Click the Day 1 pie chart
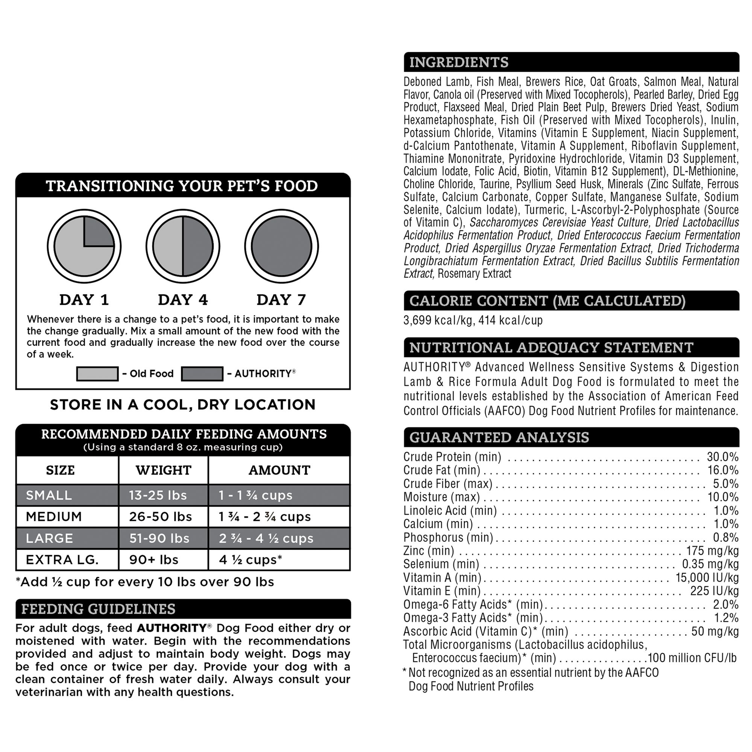[84, 246]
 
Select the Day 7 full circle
[281, 246]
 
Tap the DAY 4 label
[183, 300]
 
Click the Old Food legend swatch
[97, 374]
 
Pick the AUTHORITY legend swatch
[202, 374]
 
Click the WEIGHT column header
[164, 470]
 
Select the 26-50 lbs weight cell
[161, 517]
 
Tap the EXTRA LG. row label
[62, 560]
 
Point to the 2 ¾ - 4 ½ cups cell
[266, 538]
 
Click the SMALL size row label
[49, 495]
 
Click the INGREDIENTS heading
[459, 62]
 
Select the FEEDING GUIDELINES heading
[99, 609]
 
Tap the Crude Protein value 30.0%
[722, 456]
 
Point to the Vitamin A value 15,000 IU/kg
[707, 578]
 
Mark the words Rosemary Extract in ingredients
[474, 274]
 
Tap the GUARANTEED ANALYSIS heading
[499, 438]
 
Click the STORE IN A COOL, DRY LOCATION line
[183, 405]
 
